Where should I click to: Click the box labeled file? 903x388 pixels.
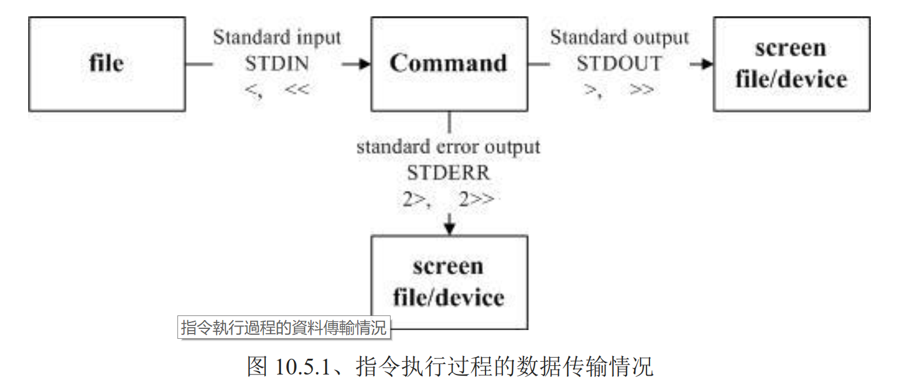[107, 64]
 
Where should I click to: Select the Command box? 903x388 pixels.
[449, 64]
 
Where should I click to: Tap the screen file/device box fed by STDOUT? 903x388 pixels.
[791, 64]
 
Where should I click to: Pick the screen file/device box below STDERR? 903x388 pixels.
[449, 282]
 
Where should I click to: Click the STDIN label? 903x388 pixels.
[276, 63]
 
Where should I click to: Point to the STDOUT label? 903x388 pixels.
[619, 63]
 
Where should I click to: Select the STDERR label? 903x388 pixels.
[449, 173]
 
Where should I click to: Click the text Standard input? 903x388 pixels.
[276, 38]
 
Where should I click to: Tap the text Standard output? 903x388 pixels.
[619, 38]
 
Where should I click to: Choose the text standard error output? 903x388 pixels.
[448, 146]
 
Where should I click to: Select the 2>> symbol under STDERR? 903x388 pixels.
[476, 200]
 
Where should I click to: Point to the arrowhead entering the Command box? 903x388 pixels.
[364, 64]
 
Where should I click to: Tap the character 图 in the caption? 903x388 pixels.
[258, 368]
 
